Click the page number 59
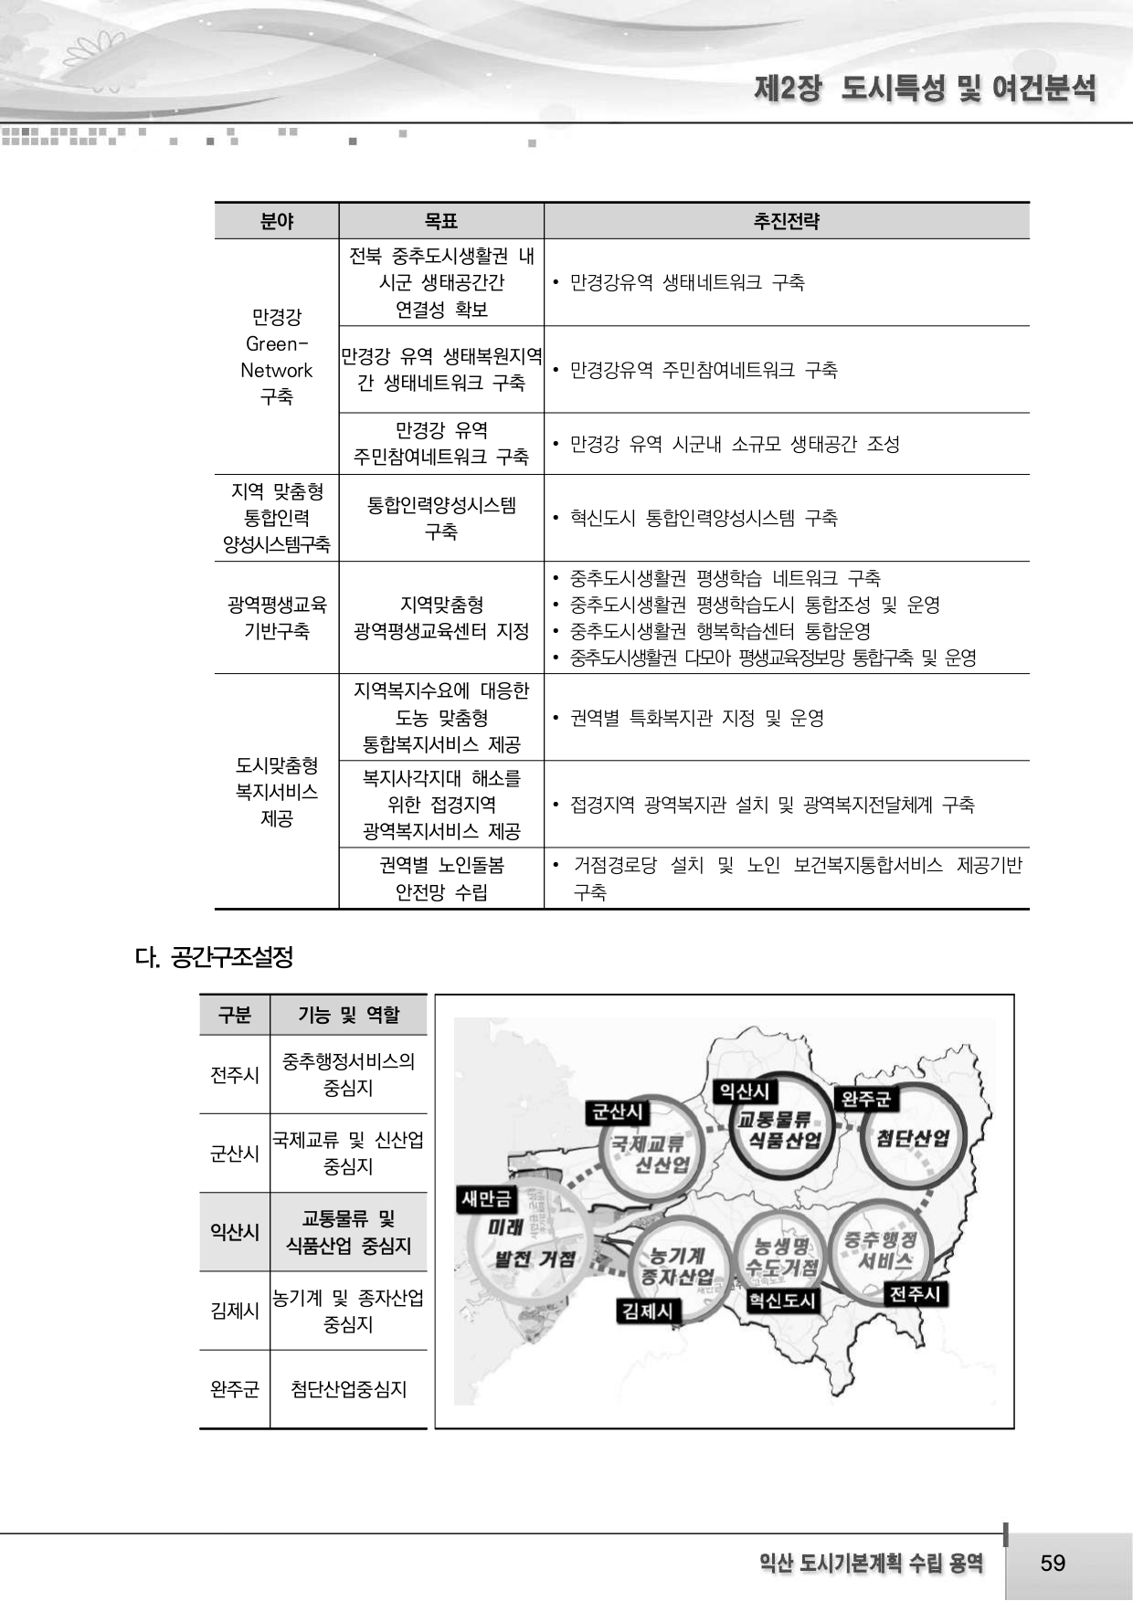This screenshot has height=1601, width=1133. pyautogui.click(x=1053, y=1563)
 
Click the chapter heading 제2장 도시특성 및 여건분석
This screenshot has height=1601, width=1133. pyautogui.click(x=924, y=89)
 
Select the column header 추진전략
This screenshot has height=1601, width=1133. pyautogui.click(x=786, y=221)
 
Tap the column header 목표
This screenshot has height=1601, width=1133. pyautogui.click(x=441, y=221)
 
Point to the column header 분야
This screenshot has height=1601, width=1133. pyautogui.click(x=277, y=221)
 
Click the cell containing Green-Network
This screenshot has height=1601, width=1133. pyautogui.click(x=277, y=357)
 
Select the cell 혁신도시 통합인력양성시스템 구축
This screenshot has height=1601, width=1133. pyautogui.click(x=703, y=518)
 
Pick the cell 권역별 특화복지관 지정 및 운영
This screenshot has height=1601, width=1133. pyautogui.click(x=696, y=718)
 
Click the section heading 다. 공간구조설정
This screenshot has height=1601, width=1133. pyautogui.click(x=214, y=957)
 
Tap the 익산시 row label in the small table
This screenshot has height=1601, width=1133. pyautogui.click(x=235, y=1232)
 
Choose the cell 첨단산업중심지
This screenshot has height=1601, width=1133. pyautogui.click(x=348, y=1389)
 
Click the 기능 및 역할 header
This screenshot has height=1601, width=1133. pyautogui.click(x=348, y=1015)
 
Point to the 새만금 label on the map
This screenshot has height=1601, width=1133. pyautogui.click(x=487, y=1198)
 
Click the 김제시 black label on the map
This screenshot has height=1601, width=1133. pyautogui.click(x=648, y=1311)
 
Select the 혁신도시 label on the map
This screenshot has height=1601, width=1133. pyautogui.click(x=781, y=1300)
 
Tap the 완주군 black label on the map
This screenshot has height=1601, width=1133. pyautogui.click(x=865, y=1099)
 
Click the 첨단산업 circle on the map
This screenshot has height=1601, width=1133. pyautogui.click(x=913, y=1138)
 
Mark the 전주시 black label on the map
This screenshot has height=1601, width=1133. pyautogui.click(x=915, y=1293)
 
